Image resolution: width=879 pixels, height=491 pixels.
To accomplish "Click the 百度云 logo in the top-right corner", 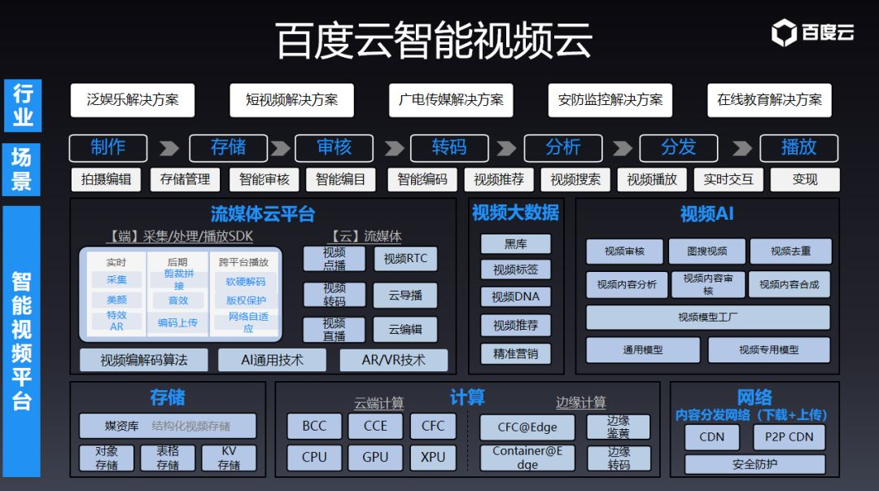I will [x=812, y=33].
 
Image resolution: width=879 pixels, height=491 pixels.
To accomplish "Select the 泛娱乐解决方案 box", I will [x=132, y=100].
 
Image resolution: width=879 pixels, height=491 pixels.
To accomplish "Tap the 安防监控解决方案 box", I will [x=610, y=100].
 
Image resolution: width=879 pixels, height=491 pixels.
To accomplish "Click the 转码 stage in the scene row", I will [x=449, y=147].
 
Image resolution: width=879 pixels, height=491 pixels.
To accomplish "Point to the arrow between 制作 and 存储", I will [x=168, y=148].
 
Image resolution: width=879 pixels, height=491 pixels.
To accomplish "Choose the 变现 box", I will [x=804, y=179].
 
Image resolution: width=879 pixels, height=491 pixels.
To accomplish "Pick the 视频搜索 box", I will [x=575, y=179].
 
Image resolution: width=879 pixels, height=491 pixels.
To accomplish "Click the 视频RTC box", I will [x=405, y=259].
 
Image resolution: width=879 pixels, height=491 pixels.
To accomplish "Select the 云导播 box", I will [x=405, y=295].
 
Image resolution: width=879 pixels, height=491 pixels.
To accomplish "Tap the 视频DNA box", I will [x=515, y=296].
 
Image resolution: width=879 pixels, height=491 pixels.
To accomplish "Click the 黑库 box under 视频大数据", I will [x=515, y=243].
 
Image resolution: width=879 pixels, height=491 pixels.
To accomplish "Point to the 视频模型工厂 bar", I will [x=707, y=317].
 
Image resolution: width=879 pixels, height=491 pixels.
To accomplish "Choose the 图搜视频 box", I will [x=706, y=252].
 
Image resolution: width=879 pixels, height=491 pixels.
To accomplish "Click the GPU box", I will [x=375, y=457].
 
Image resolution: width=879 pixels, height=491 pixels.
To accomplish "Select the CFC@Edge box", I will [x=527, y=427].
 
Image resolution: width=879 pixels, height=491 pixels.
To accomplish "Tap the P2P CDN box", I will [x=789, y=436].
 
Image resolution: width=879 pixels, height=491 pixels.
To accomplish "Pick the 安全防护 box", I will [x=754, y=464].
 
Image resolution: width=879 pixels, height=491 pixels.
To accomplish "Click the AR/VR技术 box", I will [x=393, y=360].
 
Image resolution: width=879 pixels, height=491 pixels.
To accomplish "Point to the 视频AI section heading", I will [x=706, y=213].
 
